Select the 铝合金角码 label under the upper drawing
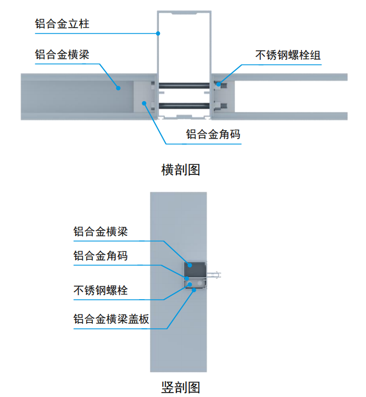tap(213, 135)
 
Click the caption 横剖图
tap(181, 169)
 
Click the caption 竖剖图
tap(181, 387)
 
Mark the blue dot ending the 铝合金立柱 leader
tap(158, 33)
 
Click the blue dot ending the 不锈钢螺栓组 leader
tap(218, 84)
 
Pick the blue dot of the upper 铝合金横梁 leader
tap(118, 86)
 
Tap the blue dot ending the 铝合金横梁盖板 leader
tap(194, 290)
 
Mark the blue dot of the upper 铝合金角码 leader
tap(145, 103)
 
